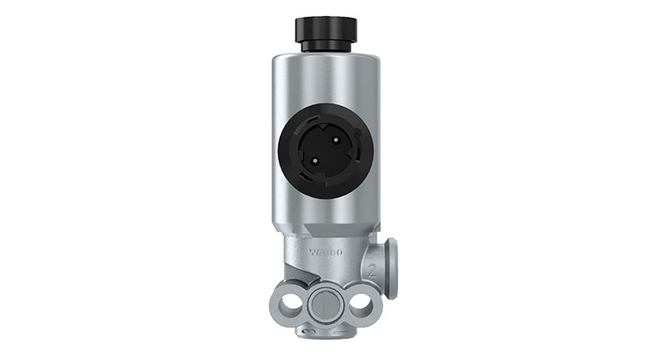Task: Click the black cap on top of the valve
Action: pyautogui.click(x=326, y=28)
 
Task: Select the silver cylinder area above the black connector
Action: pyautogui.click(x=326, y=79)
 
